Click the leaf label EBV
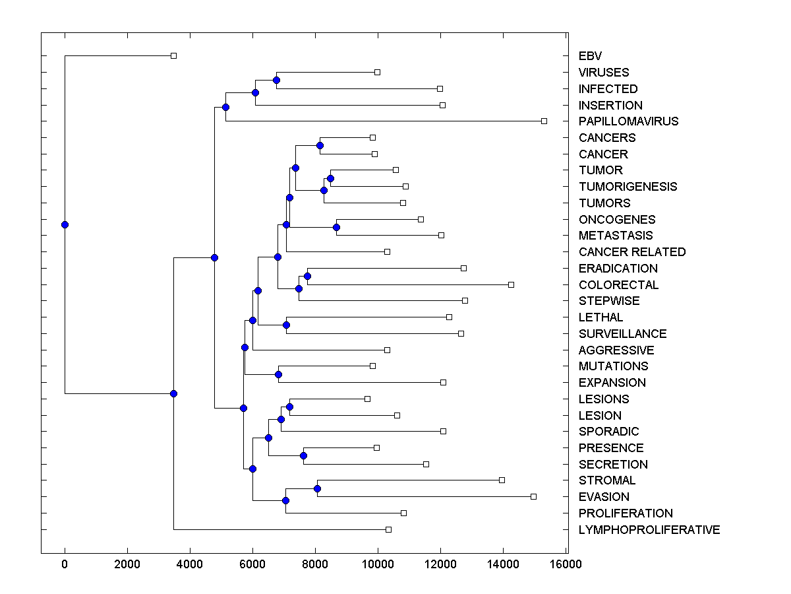(x=590, y=56)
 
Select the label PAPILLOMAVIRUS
(x=628, y=121)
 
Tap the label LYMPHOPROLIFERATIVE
(x=649, y=530)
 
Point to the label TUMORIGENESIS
(x=628, y=187)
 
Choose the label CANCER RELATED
(x=631, y=252)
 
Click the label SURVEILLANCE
(x=622, y=334)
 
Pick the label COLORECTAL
(x=618, y=285)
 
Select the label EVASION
(x=604, y=497)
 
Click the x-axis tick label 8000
(x=315, y=565)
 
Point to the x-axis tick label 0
(x=65, y=565)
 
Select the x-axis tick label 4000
(x=190, y=565)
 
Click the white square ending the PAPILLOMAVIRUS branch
(x=544, y=121)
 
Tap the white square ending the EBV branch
(x=173, y=56)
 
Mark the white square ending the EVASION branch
(x=533, y=496)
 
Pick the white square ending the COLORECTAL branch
(x=511, y=284)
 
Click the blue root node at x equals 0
(x=65, y=224)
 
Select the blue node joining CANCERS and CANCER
(x=320, y=145)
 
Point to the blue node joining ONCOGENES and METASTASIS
(x=336, y=227)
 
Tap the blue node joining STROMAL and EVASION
(x=317, y=488)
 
